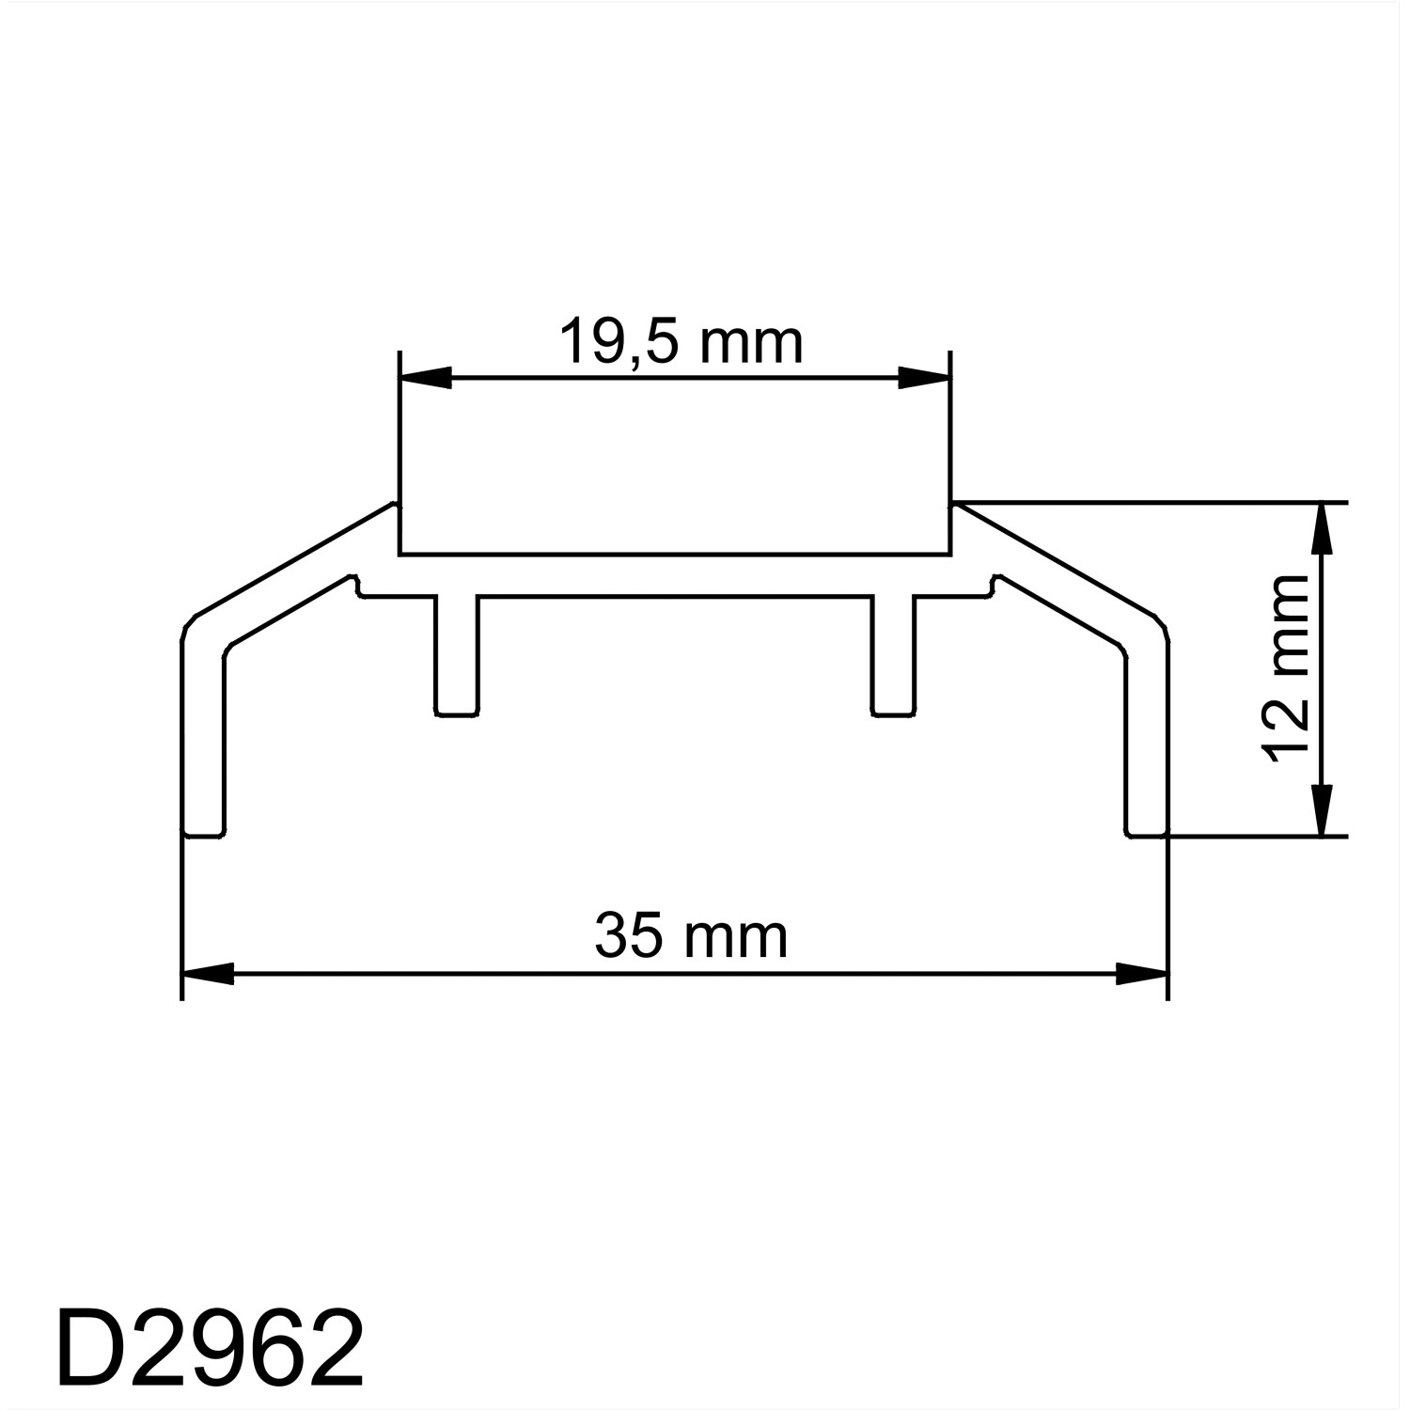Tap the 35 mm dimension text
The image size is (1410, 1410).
[x=691, y=937]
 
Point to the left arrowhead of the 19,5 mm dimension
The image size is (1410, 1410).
[x=426, y=379]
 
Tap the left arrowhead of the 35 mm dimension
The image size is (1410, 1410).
[x=208, y=974]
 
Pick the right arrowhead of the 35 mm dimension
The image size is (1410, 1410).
[x=1141, y=974]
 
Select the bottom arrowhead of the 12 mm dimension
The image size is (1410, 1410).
[x=1323, y=810]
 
